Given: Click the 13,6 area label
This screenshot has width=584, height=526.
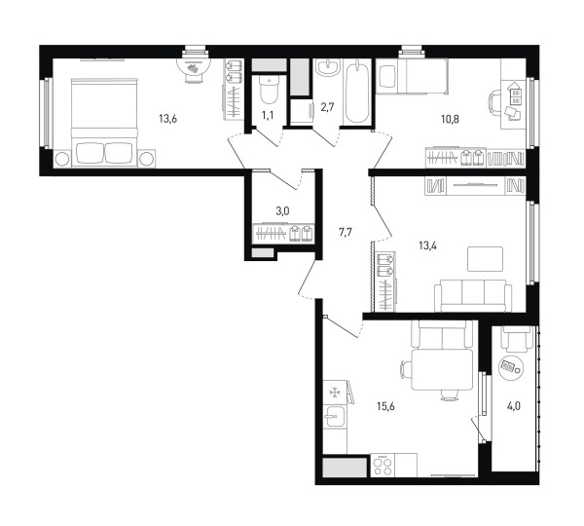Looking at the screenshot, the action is coord(167,119).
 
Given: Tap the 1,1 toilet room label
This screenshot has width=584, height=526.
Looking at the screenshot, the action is coord(268,115).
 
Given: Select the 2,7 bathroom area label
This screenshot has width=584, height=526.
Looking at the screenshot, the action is coord(327,108).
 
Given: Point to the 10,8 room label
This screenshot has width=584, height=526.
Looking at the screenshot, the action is coord(450,119).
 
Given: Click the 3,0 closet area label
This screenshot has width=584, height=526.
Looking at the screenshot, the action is coord(282,211).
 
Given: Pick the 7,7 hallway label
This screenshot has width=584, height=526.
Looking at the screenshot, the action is coord(345,233).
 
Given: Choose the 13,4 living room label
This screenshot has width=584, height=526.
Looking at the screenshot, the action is coord(427,245).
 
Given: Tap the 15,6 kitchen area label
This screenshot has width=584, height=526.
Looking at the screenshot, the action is coord(385,406).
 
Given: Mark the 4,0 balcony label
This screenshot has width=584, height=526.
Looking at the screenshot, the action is coord(513,406).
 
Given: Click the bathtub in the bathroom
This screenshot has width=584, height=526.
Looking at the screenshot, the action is coord(357,92).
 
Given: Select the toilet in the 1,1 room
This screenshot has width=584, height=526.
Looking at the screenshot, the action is coord(269,90).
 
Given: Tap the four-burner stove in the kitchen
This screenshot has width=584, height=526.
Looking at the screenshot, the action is coord(383,466).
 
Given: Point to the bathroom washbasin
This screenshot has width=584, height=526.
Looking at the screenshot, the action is coord(328,67).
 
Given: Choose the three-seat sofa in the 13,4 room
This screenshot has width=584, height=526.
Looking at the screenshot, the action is coord(473,295).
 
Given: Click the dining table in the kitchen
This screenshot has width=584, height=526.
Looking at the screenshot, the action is coord(443,370).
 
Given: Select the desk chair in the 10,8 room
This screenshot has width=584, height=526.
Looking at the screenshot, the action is coord(494,103).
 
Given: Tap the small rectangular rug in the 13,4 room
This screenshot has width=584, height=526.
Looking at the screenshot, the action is coord(486,259).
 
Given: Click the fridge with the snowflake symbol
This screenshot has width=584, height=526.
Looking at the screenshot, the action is coord(336,393).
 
